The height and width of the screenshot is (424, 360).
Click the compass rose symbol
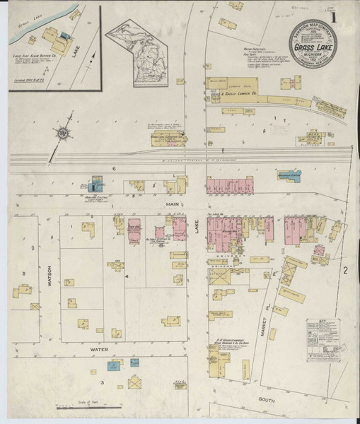point(63,133)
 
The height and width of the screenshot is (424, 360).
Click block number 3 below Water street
point(103,382)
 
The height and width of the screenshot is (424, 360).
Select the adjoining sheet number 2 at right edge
point(346,271)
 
